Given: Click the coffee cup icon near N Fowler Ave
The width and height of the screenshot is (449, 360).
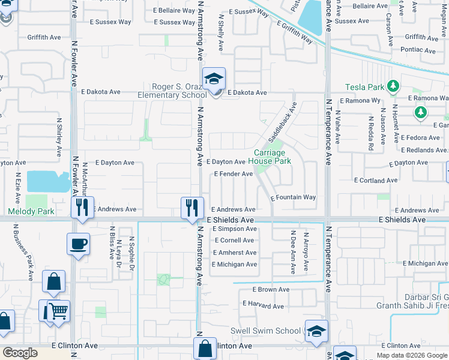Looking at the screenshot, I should coord(78,244).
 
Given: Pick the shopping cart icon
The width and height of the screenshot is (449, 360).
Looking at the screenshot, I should coord(58,311).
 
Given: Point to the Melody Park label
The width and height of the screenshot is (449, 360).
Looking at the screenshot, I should coord(31,211).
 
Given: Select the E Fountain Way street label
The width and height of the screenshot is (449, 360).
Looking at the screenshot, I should coord(293,197).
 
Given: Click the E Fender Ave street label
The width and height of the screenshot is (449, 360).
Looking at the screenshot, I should coord(234,174).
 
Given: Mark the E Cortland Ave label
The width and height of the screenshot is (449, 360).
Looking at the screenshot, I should coord(376,180).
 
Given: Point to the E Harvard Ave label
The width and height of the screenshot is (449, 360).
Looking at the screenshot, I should coord(262,306).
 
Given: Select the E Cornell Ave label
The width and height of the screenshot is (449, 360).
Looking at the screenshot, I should coord(234,240).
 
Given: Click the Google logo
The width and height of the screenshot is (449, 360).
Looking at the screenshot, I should coord(20,353).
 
